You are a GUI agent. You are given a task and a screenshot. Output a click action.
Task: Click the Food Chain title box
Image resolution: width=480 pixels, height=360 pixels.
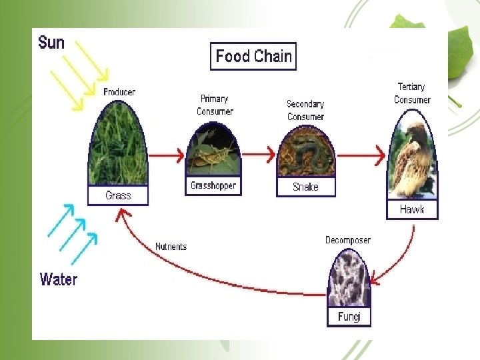253,57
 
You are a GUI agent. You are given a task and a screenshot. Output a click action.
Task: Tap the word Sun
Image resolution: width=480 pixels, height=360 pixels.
51,43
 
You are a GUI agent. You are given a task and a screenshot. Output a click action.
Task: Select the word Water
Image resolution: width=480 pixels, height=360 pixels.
59,279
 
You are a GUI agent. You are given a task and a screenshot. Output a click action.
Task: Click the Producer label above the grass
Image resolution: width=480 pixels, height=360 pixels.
119,92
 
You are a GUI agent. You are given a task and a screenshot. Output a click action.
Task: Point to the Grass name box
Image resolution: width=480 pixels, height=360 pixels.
118,196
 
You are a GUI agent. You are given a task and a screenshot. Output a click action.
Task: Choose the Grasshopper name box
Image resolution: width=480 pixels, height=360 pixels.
213,186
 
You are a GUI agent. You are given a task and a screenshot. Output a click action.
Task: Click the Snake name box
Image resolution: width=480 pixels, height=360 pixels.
305,187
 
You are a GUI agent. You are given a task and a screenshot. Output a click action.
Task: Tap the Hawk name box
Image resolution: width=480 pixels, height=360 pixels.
412,210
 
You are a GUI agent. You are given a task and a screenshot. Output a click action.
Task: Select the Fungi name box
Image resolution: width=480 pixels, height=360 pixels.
349,317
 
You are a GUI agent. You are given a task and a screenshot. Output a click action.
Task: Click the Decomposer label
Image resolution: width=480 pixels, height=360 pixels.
348,240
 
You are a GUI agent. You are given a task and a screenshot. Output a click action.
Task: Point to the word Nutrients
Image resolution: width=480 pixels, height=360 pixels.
171,247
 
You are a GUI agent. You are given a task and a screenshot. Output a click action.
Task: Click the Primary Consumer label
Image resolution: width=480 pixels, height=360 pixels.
215,105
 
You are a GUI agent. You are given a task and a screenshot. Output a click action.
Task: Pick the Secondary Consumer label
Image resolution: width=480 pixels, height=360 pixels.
305,110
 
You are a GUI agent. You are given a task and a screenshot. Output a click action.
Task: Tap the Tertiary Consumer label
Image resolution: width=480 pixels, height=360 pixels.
412,93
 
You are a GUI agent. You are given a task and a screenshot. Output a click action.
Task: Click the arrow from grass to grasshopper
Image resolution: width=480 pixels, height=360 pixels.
166,155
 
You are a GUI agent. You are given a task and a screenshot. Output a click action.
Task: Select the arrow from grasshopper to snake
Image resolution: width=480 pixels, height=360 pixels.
257,155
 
